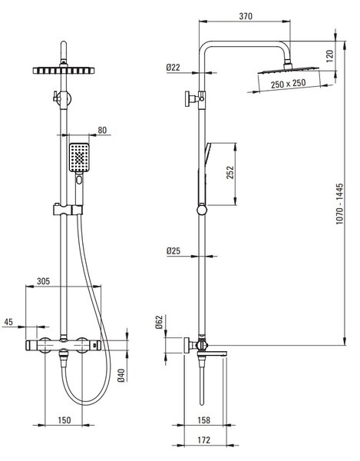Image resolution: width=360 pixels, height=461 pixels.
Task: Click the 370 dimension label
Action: (x=246, y=16)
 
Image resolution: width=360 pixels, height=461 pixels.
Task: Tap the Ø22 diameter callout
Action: (x=173, y=68)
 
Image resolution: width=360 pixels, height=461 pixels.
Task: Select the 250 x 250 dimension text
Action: (x=288, y=84)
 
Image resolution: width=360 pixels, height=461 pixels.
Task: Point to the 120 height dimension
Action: (x=330, y=56)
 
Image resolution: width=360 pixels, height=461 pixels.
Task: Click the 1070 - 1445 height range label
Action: (x=340, y=204)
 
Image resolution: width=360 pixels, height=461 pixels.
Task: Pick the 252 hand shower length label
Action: (x=230, y=172)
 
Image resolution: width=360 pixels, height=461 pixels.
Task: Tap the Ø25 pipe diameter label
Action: (x=173, y=250)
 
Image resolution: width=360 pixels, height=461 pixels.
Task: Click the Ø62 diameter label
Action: (x=159, y=322)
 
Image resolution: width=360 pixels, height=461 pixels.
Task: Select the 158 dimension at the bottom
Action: (x=203, y=420)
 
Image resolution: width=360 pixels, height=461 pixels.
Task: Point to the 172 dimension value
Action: (x=203, y=440)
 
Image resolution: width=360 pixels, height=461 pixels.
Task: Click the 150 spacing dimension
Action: (x=64, y=420)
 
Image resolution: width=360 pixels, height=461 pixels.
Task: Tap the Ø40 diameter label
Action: (x=121, y=375)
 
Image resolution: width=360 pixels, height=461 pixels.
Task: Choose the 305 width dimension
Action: (x=43, y=281)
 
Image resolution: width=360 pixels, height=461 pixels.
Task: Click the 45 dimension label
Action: (x=8, y=322)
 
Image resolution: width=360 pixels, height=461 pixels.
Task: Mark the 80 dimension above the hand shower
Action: (x=102, y=130)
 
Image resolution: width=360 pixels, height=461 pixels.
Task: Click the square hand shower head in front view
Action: (x=79, y=158)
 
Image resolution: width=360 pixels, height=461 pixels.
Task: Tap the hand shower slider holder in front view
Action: (x=68, y=209)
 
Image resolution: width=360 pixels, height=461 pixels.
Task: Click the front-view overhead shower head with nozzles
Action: (x=64, y=71)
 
